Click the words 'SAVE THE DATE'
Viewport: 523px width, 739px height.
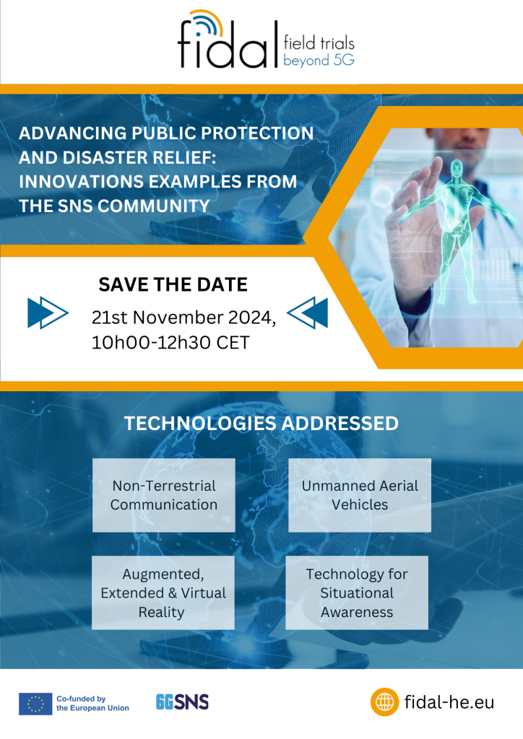click(173, 284)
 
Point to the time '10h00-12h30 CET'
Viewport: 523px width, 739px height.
click(170, 342)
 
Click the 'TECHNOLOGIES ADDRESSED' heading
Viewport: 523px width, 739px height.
click(261, 424)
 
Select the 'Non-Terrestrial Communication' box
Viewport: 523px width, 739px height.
click(164, 495)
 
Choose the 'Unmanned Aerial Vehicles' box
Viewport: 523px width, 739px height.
click(360, 495)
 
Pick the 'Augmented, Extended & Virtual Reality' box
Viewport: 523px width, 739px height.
click(163, 592)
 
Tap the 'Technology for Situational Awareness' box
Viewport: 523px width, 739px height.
click(357, 592)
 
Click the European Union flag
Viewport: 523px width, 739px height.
click(35, 703)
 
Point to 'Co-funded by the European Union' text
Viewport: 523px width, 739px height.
click(92, 703)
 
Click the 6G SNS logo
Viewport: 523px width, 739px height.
click(182, 701)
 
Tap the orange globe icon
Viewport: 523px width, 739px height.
click(384, 701)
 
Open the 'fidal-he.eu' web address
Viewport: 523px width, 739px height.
click(449, 701)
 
